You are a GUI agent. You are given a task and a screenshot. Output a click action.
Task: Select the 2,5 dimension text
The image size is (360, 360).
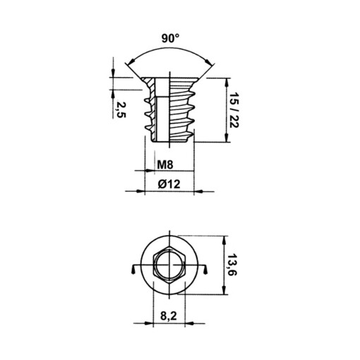pos(121,109)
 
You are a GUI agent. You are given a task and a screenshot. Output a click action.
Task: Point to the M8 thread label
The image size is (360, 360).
pos(164,165)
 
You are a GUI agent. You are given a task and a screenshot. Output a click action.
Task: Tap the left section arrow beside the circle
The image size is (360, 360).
pos(135,270)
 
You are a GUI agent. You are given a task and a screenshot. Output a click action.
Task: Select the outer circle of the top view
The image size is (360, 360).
pos(169,244)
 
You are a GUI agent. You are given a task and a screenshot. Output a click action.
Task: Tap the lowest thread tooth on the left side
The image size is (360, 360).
pos(149,129)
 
